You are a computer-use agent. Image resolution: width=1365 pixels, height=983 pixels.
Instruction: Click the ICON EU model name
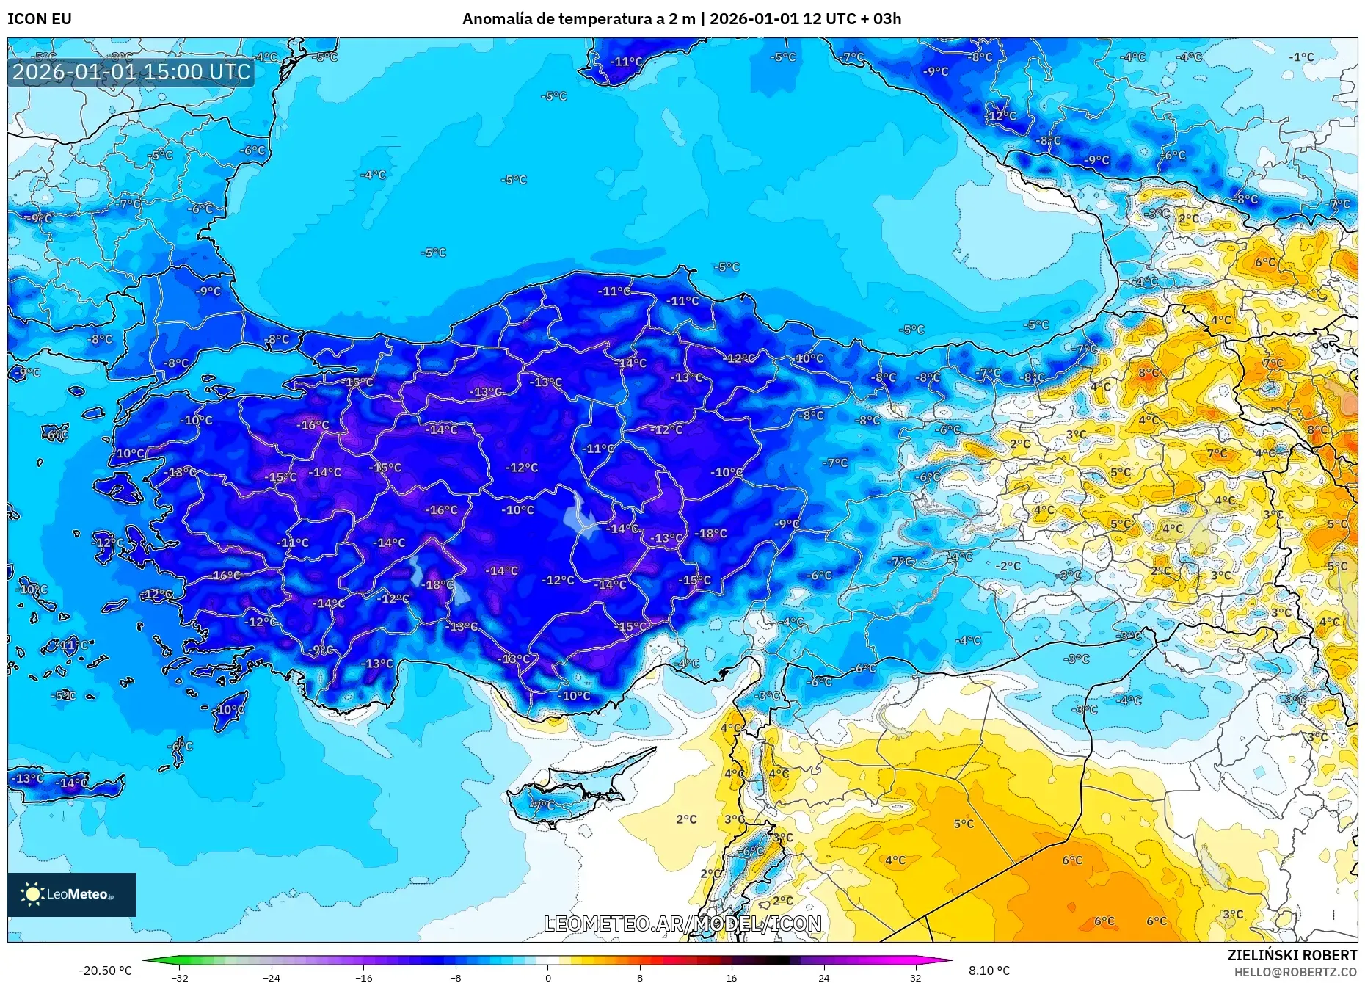pyautogui.click(x=40, y=19)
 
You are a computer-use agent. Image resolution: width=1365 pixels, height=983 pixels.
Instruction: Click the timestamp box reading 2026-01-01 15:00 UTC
pyautogui.click(x=131, y=72)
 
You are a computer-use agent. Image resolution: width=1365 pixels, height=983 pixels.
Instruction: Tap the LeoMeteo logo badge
pyautogui.click(x=71, y=894)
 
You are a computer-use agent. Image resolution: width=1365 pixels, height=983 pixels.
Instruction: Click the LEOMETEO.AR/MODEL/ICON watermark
pyautogui.click(x=682, y=924)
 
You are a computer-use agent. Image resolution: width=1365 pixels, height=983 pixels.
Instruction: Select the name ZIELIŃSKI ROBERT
pyautogui.click(x=1292, y=955)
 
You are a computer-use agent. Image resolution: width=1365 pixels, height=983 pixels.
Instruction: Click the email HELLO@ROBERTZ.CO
pyautogui.click(x=1295, y=972)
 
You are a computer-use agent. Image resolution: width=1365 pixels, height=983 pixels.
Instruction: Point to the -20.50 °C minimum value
pyautogui.click(x=106, y=971)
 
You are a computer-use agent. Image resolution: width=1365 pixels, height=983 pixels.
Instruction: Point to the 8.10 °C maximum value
pyautogui.click(x=989, y=971)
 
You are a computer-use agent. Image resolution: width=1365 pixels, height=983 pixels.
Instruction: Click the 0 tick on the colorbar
pyautogui.click(x=547, y=977)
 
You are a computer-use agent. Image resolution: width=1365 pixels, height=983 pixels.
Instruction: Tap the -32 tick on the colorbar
pyautogui.click(x=180, y=977)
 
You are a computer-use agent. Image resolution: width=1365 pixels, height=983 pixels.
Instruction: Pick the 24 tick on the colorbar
pyautogui.click(x=823, y=977)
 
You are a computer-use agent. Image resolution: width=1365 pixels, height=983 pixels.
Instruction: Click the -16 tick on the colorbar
pyautogui.click(x=364, y=977)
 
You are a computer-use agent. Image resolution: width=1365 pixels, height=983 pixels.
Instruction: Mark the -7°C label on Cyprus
pyautogui.click(x=544, y=805)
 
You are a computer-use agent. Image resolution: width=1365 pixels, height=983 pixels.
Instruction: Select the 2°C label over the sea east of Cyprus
pyautogui.click(x=686, y=819)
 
